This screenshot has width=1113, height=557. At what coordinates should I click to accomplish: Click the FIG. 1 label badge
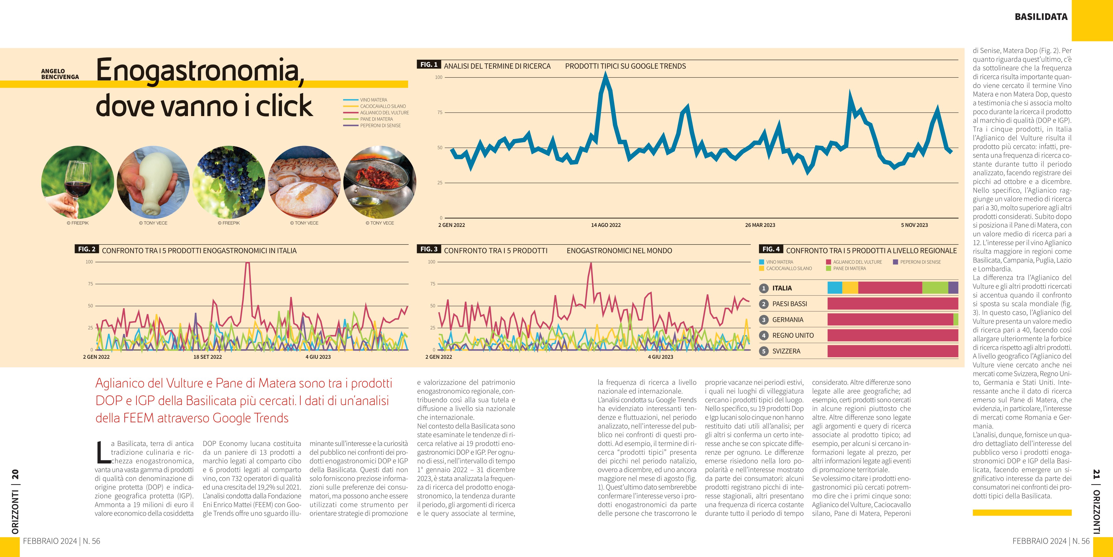click(x=428, y=64)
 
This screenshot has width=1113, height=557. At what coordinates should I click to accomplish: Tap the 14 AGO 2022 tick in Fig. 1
click(x=606, y=225)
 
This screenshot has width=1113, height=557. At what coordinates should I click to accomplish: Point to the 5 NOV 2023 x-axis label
click(x=914, y=225)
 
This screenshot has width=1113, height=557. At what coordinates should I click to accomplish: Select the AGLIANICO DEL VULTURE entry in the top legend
click(x=384, y=112)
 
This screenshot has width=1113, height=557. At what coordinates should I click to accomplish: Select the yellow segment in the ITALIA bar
click(x=850, y=288)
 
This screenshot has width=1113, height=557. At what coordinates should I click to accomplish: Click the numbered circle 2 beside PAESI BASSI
click(x=764, y=304)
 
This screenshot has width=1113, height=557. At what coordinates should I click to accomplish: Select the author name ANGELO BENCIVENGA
click(x=60, y=74)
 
